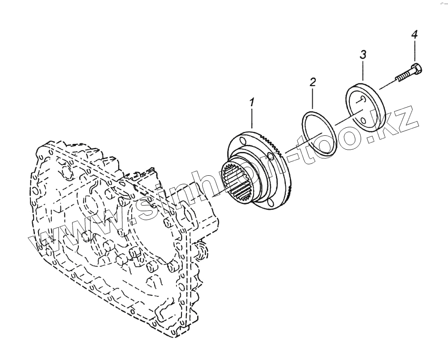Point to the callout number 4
(414, 35)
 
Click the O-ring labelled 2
(318, 133)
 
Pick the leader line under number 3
(363, 71)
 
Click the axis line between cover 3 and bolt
(387, 86)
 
